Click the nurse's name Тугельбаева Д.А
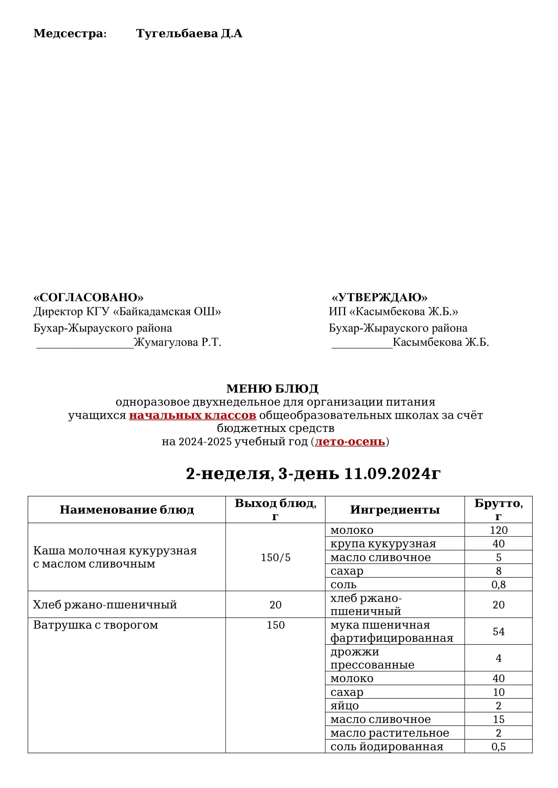pos(189,34)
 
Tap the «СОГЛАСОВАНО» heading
pos(88,297)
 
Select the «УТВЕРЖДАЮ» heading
pos(379,297)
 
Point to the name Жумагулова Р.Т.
pos(177,343)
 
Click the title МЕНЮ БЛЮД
pos(272,389)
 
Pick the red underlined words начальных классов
pos(192,415)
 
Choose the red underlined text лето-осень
pos(350,441)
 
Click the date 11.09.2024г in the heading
pos(392,474)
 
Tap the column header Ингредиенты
pos(395,510)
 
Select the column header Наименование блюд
pos(127,510)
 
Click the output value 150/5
pos(276,558)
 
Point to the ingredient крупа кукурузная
pos(383,544)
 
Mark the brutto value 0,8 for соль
pos(498,585)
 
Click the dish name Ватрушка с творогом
pos(95,625)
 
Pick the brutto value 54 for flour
pos(498,631)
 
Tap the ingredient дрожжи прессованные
pos(372,658)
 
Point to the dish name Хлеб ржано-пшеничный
pos(105,604)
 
